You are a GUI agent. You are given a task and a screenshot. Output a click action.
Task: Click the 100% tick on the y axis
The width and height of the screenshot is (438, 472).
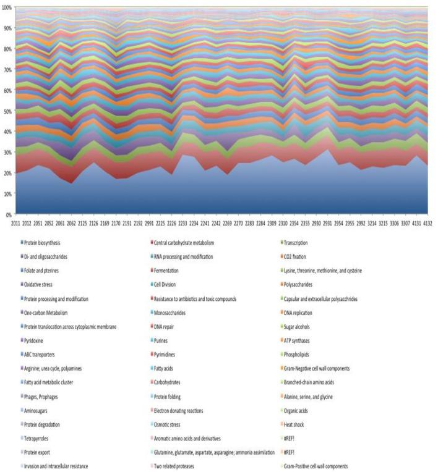click(x=7, y=7)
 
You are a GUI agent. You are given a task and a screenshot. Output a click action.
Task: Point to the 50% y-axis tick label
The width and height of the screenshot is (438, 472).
click(x=8, y=111)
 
